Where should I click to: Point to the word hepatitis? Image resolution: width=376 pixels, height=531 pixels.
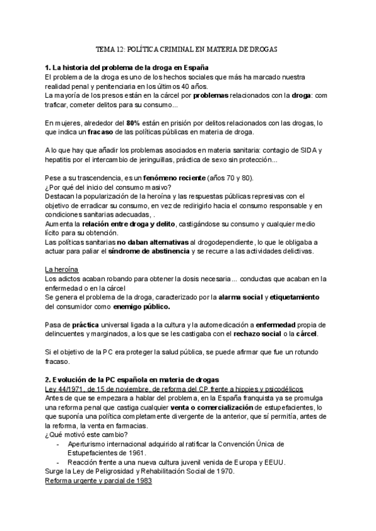pos(59,160)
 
